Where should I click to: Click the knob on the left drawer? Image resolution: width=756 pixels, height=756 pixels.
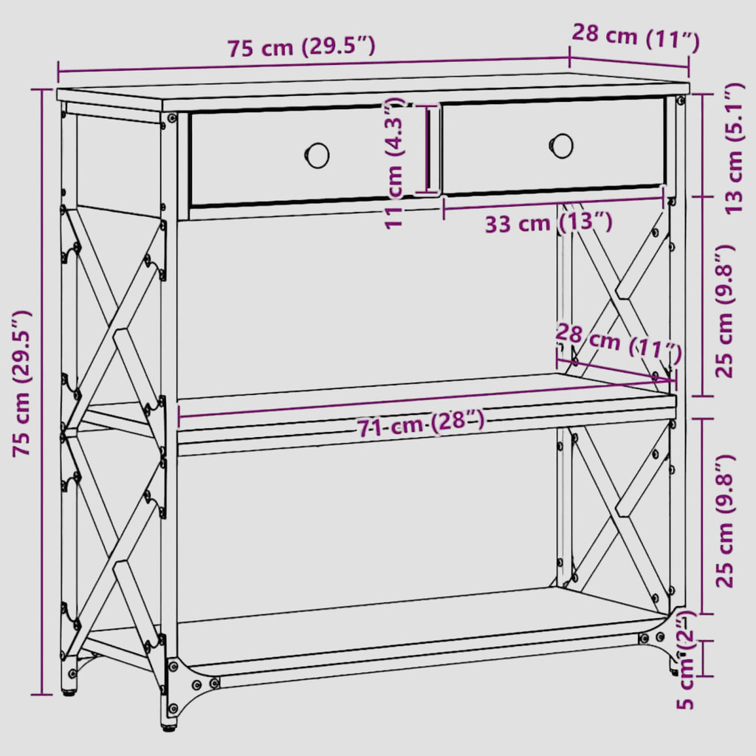pyautogui.click(x=317, y=155)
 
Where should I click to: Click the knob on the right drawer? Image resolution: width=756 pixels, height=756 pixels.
pyautogui.click(x=561, y=145)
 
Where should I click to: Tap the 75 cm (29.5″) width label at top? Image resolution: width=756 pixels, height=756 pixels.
pyautogui.click(x=301, y=47)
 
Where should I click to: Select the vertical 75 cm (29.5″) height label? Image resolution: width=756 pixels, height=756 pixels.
pyautogui.click(x=21, y=383)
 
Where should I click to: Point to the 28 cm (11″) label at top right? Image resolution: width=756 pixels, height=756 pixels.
pyautogui.click(x=636, y=37)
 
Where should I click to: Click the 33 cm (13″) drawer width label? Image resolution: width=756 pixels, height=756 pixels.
pyautogui.click(x=549, y=223)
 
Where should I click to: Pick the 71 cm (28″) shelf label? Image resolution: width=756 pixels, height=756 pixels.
pyautogui.click(x=420, y=423)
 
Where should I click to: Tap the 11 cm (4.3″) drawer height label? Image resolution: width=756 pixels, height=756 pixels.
pyautogui.click(x=394, y=163)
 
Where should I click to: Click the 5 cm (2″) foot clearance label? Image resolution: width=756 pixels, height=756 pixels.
pyautogui.click(x=684, y=661)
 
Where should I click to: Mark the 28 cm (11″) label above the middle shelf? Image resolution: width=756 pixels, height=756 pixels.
pyautogui.click(x=619, y=343)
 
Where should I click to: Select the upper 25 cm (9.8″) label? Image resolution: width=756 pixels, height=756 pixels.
pyautogui.click(x=725, y=312)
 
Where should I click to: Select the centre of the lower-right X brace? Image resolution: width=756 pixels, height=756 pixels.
pyautogui.click(x=619, y=513)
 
